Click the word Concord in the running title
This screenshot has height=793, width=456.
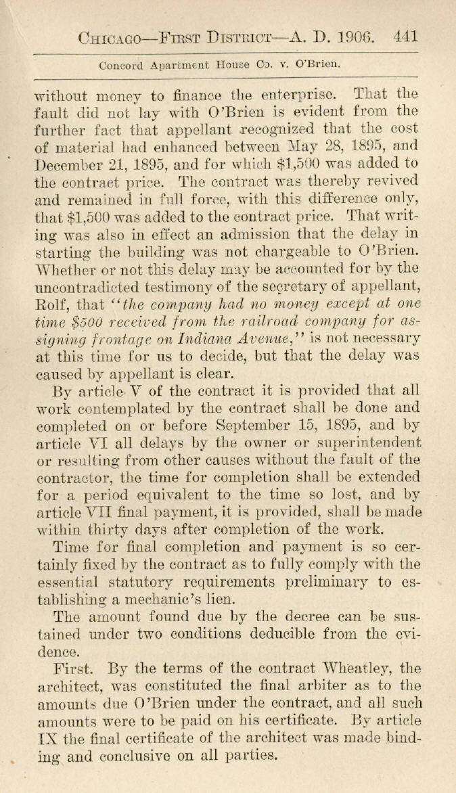[x=121, y=66]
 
